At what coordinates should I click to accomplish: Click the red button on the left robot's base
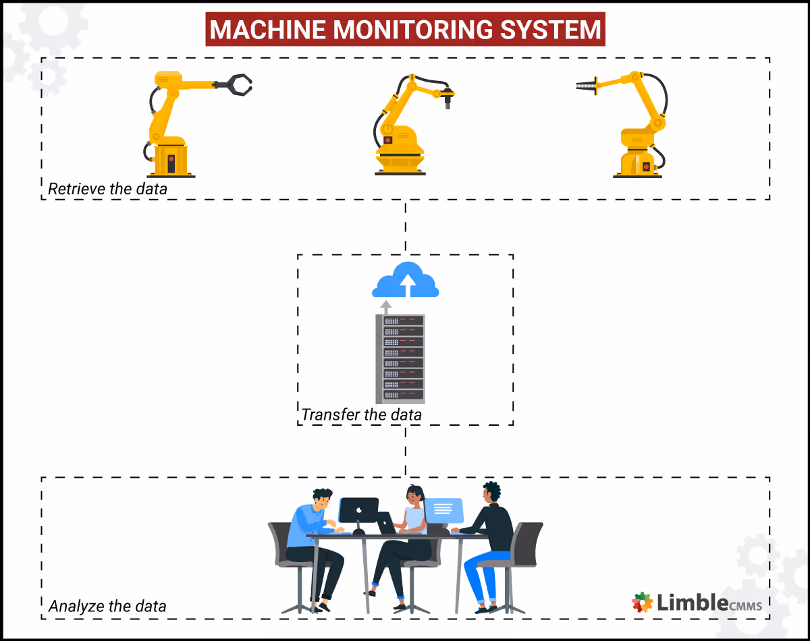171,161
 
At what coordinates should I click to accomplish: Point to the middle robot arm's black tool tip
446,101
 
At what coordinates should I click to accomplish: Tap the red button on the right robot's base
646,165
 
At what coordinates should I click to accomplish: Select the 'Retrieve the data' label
107,189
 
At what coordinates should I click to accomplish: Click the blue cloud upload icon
406,280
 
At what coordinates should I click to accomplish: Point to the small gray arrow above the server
385,307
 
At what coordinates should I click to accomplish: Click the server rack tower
400,358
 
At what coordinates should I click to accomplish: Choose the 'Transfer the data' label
361,414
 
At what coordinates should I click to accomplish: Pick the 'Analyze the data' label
107,606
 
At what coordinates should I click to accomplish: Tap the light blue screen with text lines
443,509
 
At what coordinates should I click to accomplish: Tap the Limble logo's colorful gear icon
642,603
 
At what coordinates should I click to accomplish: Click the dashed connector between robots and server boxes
406,227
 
